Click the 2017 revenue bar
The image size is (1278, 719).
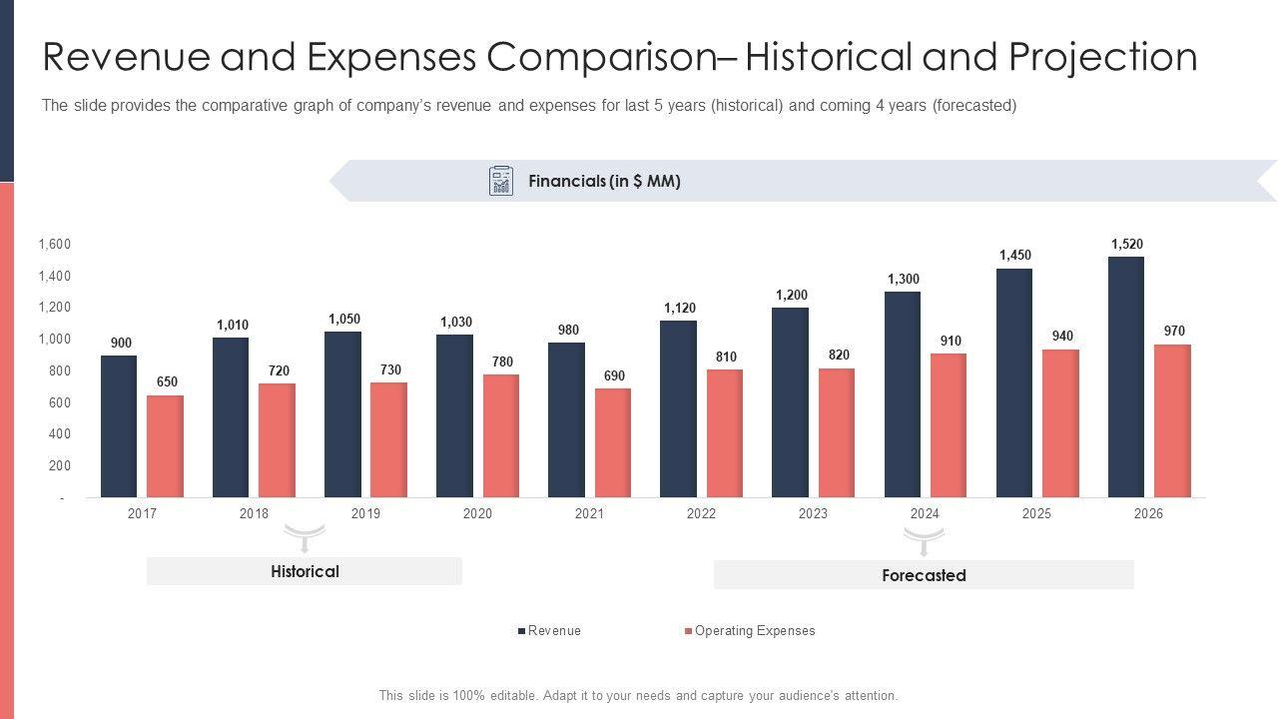(x=119, y=426)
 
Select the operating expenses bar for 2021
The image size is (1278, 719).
(x=613, y=442)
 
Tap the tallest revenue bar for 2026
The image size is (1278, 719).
(x=1126, y=376)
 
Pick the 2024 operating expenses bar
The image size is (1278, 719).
(x=949, y=425)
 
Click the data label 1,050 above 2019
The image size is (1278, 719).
(x=343, y=320)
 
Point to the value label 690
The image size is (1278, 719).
(x=613, y=376)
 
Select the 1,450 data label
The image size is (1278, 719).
(x=1014, y=256)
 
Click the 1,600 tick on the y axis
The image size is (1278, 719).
(x=54, y=245)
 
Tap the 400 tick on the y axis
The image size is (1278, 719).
(x=58, y=434)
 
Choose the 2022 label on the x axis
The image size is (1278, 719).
(x=701, y=513)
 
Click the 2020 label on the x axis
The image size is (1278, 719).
(x=477, y=513)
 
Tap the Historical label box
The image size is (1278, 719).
(x=305, y=571)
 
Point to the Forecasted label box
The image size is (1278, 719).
(x=924, y=575)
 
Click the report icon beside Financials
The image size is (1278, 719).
(x=501, y=181)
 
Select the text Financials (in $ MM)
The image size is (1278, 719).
(x=604, y=182)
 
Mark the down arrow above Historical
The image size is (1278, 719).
(x=306, y=538)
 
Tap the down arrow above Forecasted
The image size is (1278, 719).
(x=925, y=542)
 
